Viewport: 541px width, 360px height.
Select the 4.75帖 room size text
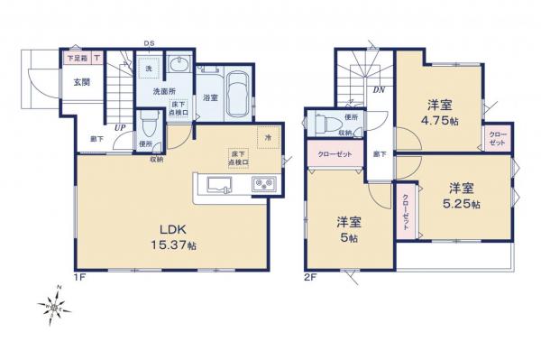click(441, 109)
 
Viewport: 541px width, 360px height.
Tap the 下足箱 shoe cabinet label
click(76, 59)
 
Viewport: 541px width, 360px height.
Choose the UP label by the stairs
click(119, 127)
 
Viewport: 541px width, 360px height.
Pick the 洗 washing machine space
click(148, 69)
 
